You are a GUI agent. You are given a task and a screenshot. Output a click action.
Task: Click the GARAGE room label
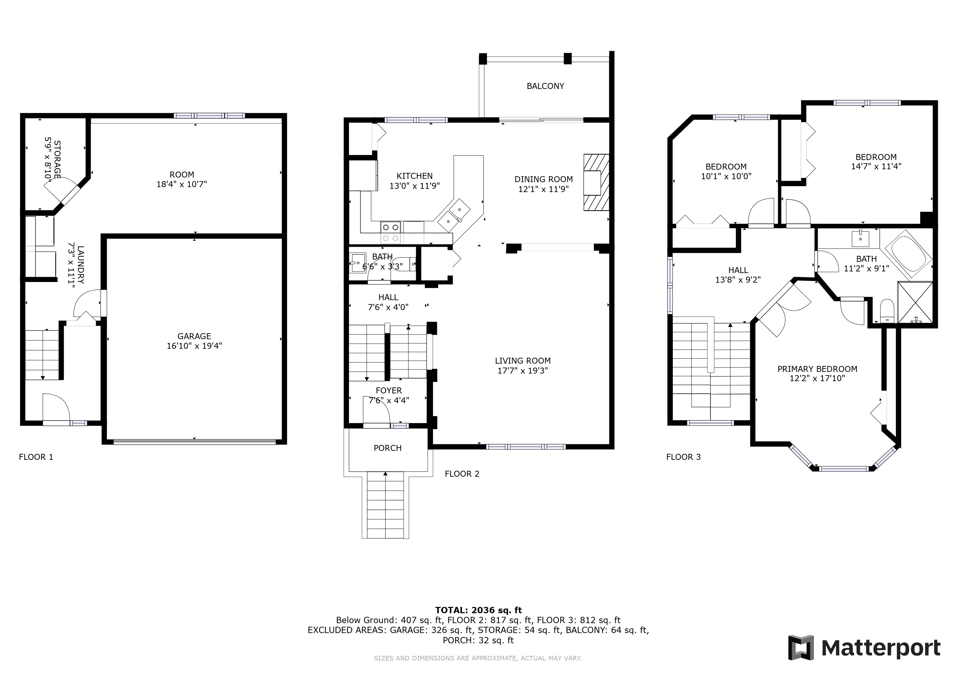pyautogui.click(x=194, y=336)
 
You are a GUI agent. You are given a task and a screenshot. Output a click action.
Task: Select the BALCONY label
pyautogui.click(x=545, y=86)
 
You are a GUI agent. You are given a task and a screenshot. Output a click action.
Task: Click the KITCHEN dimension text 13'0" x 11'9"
pyautogui.click(x=415, y=186)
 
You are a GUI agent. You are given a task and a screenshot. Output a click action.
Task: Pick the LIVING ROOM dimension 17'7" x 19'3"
pyautogui.click(x=523, y=371)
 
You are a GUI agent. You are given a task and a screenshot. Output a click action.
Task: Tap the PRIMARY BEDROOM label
pyautogui.click(x=817, y=369)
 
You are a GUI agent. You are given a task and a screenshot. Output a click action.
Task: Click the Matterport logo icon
pyautogui.click(x=801, y=647)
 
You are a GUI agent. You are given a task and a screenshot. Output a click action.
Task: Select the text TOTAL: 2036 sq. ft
pyautogui.click(x=478, y=610)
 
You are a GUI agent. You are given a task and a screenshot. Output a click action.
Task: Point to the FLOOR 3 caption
pyautogui.click(x=684, y=457)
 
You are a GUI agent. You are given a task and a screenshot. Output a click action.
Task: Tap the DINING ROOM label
pyautogui.click(x=544, y=179)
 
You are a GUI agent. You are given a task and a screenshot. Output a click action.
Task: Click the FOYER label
pyautogui.click(x=389, y=391)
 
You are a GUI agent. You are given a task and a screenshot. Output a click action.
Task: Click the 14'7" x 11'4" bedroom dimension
pyautogui.click(x=876, y=166)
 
